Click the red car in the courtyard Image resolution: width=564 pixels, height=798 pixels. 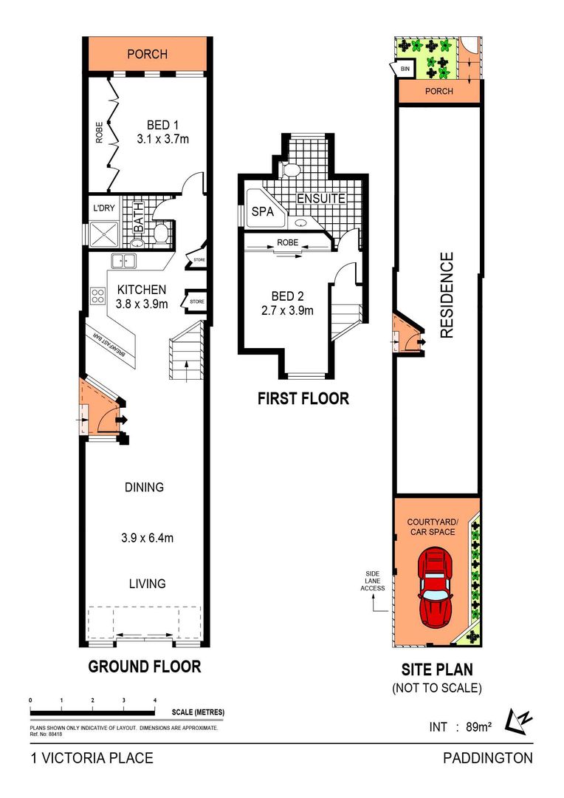435,588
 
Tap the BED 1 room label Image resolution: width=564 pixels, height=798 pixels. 162,125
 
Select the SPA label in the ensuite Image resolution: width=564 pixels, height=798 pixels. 262,211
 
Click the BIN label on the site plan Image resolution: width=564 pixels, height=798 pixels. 405,69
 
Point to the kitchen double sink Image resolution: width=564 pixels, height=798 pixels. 123,261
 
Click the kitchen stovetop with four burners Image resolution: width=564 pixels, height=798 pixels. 97,296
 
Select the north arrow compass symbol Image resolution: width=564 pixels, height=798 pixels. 518,721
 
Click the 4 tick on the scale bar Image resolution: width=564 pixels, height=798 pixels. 155,700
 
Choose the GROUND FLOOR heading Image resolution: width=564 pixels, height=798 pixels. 145,666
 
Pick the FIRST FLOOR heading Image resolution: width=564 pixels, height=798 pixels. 303,398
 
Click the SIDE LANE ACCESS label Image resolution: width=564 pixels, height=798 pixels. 373,581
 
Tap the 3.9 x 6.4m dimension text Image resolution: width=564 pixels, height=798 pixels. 147,538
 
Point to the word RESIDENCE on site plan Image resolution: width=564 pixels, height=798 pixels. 446,295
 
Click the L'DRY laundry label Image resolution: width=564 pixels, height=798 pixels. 104,208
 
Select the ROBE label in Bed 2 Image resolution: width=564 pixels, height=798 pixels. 287,243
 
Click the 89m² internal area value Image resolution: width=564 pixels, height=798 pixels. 478,727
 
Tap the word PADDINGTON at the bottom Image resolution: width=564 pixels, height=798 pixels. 488,758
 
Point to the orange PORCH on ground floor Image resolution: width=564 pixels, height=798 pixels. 148,54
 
